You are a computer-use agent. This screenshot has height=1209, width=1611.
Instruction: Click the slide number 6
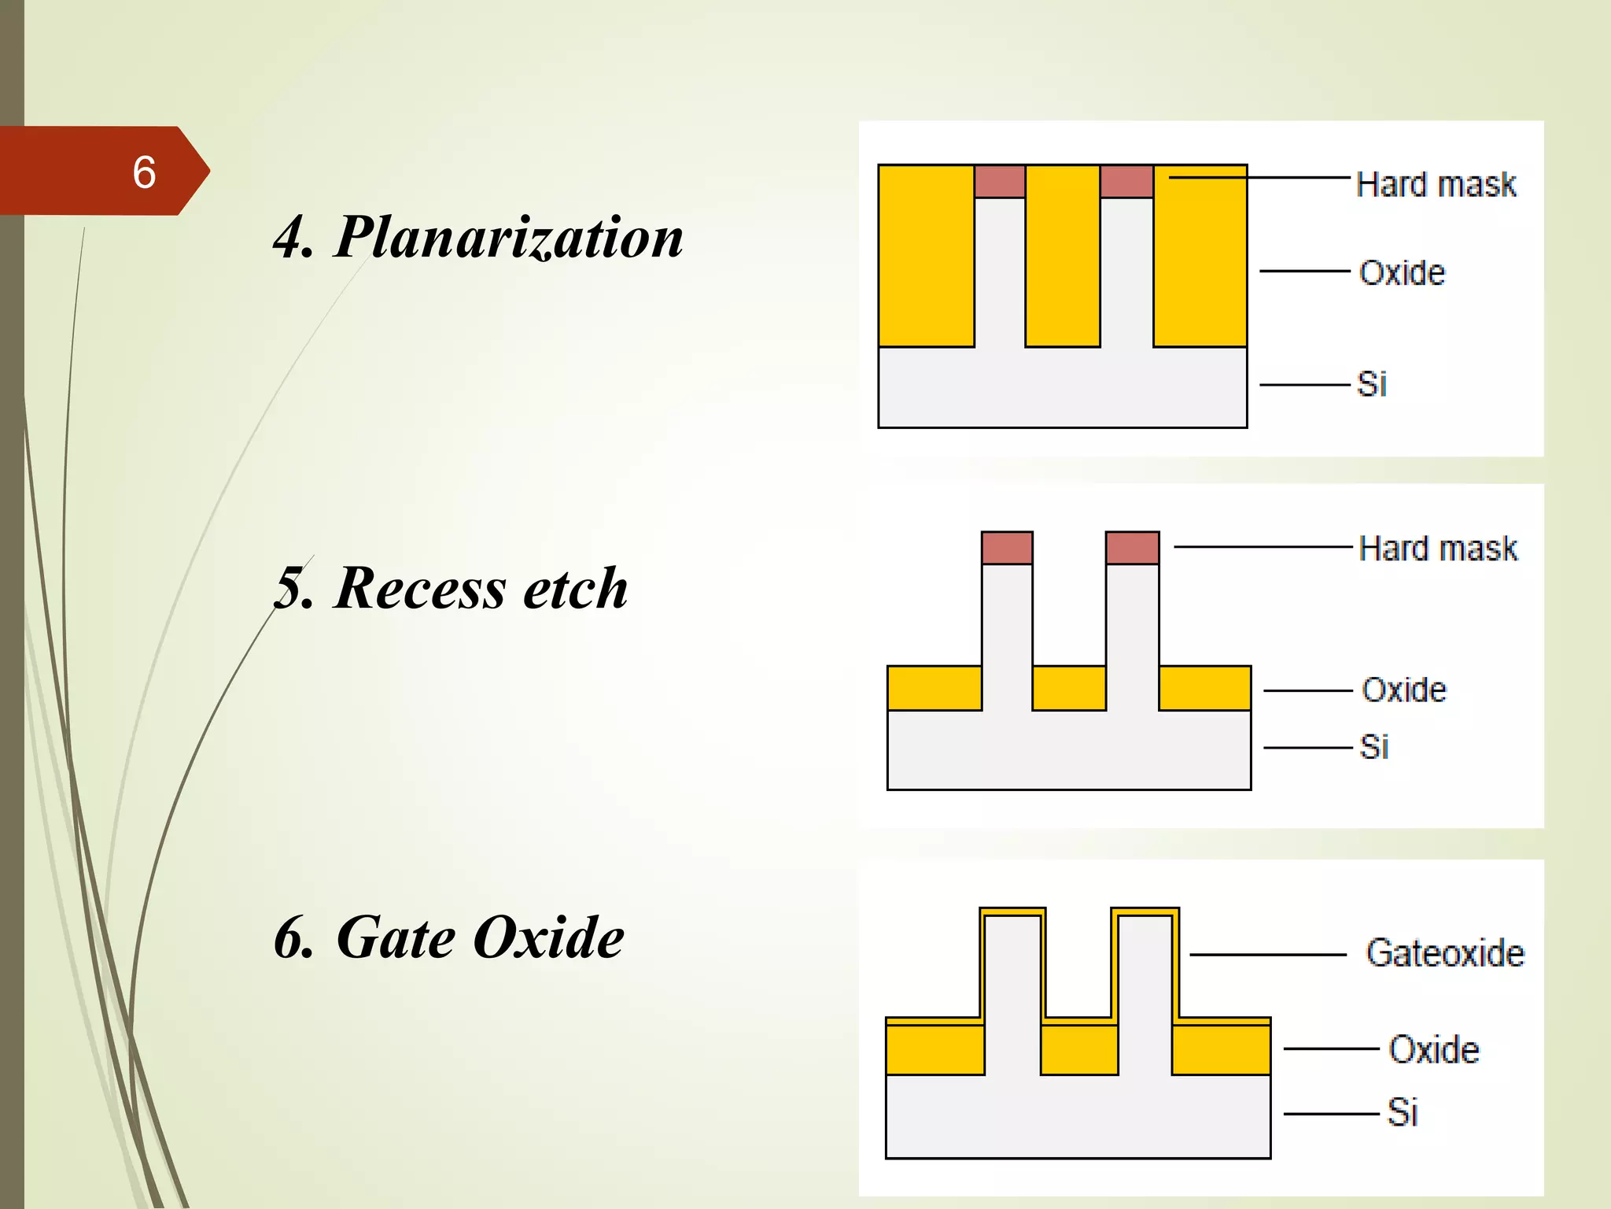click(144, 172)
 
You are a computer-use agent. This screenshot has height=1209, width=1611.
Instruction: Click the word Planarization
click(509, 237)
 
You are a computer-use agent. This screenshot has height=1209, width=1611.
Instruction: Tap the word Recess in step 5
click(420, 588)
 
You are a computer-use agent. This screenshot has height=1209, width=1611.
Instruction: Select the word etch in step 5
click(576, 588)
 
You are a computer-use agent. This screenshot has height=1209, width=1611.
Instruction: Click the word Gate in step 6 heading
click(396, 937)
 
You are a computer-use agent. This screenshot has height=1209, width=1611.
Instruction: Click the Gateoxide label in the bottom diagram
click(1445, 953)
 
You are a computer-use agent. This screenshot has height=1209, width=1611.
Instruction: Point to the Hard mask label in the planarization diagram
click(1436, 185)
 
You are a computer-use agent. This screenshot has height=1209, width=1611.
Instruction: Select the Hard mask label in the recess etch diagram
click(1438, 549)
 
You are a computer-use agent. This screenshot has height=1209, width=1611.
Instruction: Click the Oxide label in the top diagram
click(1403, 273)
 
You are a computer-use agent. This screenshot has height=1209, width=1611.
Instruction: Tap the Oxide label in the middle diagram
click(1404, 690)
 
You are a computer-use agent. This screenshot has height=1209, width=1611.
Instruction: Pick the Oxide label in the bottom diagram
click(1433, 1050)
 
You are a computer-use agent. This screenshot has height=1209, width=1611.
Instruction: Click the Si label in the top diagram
click(1372, 385)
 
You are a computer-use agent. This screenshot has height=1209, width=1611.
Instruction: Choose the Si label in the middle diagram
click(1374, 747)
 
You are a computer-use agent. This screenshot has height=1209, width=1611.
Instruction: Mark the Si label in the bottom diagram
click(1403, 1113)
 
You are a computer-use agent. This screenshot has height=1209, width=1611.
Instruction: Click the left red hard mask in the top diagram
click(1000, 182)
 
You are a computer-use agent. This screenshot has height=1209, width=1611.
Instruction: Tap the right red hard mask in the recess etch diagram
click(1132, 548)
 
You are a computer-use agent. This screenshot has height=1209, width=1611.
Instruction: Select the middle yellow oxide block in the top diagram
click(1062, 256)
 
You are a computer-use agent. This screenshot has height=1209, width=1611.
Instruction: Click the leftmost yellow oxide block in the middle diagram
click(934, 688)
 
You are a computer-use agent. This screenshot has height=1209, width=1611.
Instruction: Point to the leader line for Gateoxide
click(1267, 955)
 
